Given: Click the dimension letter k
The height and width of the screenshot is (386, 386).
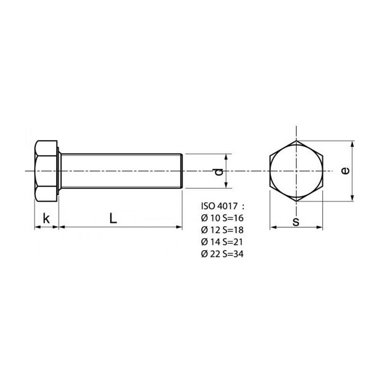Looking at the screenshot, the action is [46, 218].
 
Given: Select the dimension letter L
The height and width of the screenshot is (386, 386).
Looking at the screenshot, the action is [113, 218].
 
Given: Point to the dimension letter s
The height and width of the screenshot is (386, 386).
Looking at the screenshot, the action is [296, 222].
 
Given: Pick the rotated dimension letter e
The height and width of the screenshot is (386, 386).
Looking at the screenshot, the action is [345, 171].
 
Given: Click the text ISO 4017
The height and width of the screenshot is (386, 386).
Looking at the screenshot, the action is [219, 206].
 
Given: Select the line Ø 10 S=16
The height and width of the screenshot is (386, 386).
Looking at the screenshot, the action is [222, 218].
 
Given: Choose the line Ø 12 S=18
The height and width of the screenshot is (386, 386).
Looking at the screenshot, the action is [222, 230].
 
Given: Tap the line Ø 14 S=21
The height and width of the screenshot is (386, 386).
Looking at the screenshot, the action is [222, 242].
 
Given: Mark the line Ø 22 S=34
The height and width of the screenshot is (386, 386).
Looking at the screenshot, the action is [222, 254].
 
